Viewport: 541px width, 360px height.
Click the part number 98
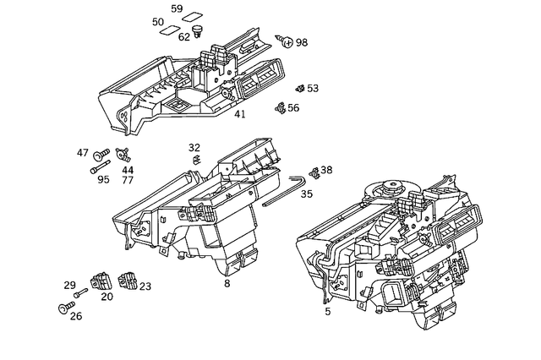pyautogui.click(x=302, y=42)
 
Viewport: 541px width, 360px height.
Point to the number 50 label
pyautogui.click(x=158, y=22)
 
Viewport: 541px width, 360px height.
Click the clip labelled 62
pyautogui.click(x=198, y=31)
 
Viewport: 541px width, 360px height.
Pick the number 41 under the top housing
pyautogui.click(x=240, y=115)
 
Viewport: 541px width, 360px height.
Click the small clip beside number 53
pyautogui.click(x=300, y=88)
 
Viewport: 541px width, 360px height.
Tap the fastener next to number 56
pyautogui.click(x=281, y=107)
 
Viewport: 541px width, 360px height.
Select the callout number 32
pyautogui.click(x=194, y=148)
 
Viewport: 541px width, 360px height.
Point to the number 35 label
pyautogui.click(x=306, y=194)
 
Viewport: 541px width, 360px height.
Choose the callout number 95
pyautogui.click(x=104, y=179)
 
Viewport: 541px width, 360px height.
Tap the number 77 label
pyautogui.click(x=128, y=180)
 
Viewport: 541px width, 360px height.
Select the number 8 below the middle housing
pyautogui.click(x=227, y=284)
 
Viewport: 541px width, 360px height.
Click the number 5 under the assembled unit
pyautogui.click(x=327, y=311)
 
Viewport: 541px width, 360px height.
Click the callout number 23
pyautogui.click(x=145, y=286)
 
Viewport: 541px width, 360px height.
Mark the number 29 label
pyautogui.click(x=70, y=286)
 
